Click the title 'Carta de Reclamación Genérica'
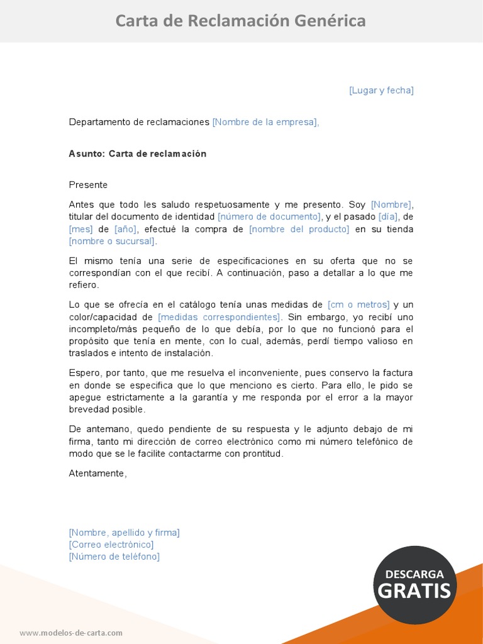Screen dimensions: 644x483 [240, 21]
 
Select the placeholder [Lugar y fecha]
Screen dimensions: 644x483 [381, 91]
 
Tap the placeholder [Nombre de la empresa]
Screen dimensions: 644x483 [265, 122]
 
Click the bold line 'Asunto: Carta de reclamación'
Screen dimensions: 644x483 [137, 153]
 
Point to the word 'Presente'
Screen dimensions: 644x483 [88, 185]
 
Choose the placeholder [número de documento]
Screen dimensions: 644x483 [269, 216]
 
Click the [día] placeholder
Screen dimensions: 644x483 [388, 216]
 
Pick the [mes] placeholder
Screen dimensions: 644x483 [80, 229]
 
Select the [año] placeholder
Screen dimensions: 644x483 [126, 229]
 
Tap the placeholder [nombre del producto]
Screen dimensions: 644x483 [299, 229]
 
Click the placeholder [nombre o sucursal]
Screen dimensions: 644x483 [113, 241]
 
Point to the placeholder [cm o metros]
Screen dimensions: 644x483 [358, 304]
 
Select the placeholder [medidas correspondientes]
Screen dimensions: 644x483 [219, 316]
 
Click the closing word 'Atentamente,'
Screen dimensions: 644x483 [97, 473]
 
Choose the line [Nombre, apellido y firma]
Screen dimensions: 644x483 [124, 533]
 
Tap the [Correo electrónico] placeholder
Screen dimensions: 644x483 [111, 545]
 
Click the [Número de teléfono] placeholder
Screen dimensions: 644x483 [114, 557]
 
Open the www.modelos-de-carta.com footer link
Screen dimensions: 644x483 [71, 633]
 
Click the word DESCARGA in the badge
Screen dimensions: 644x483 [414, 574]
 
